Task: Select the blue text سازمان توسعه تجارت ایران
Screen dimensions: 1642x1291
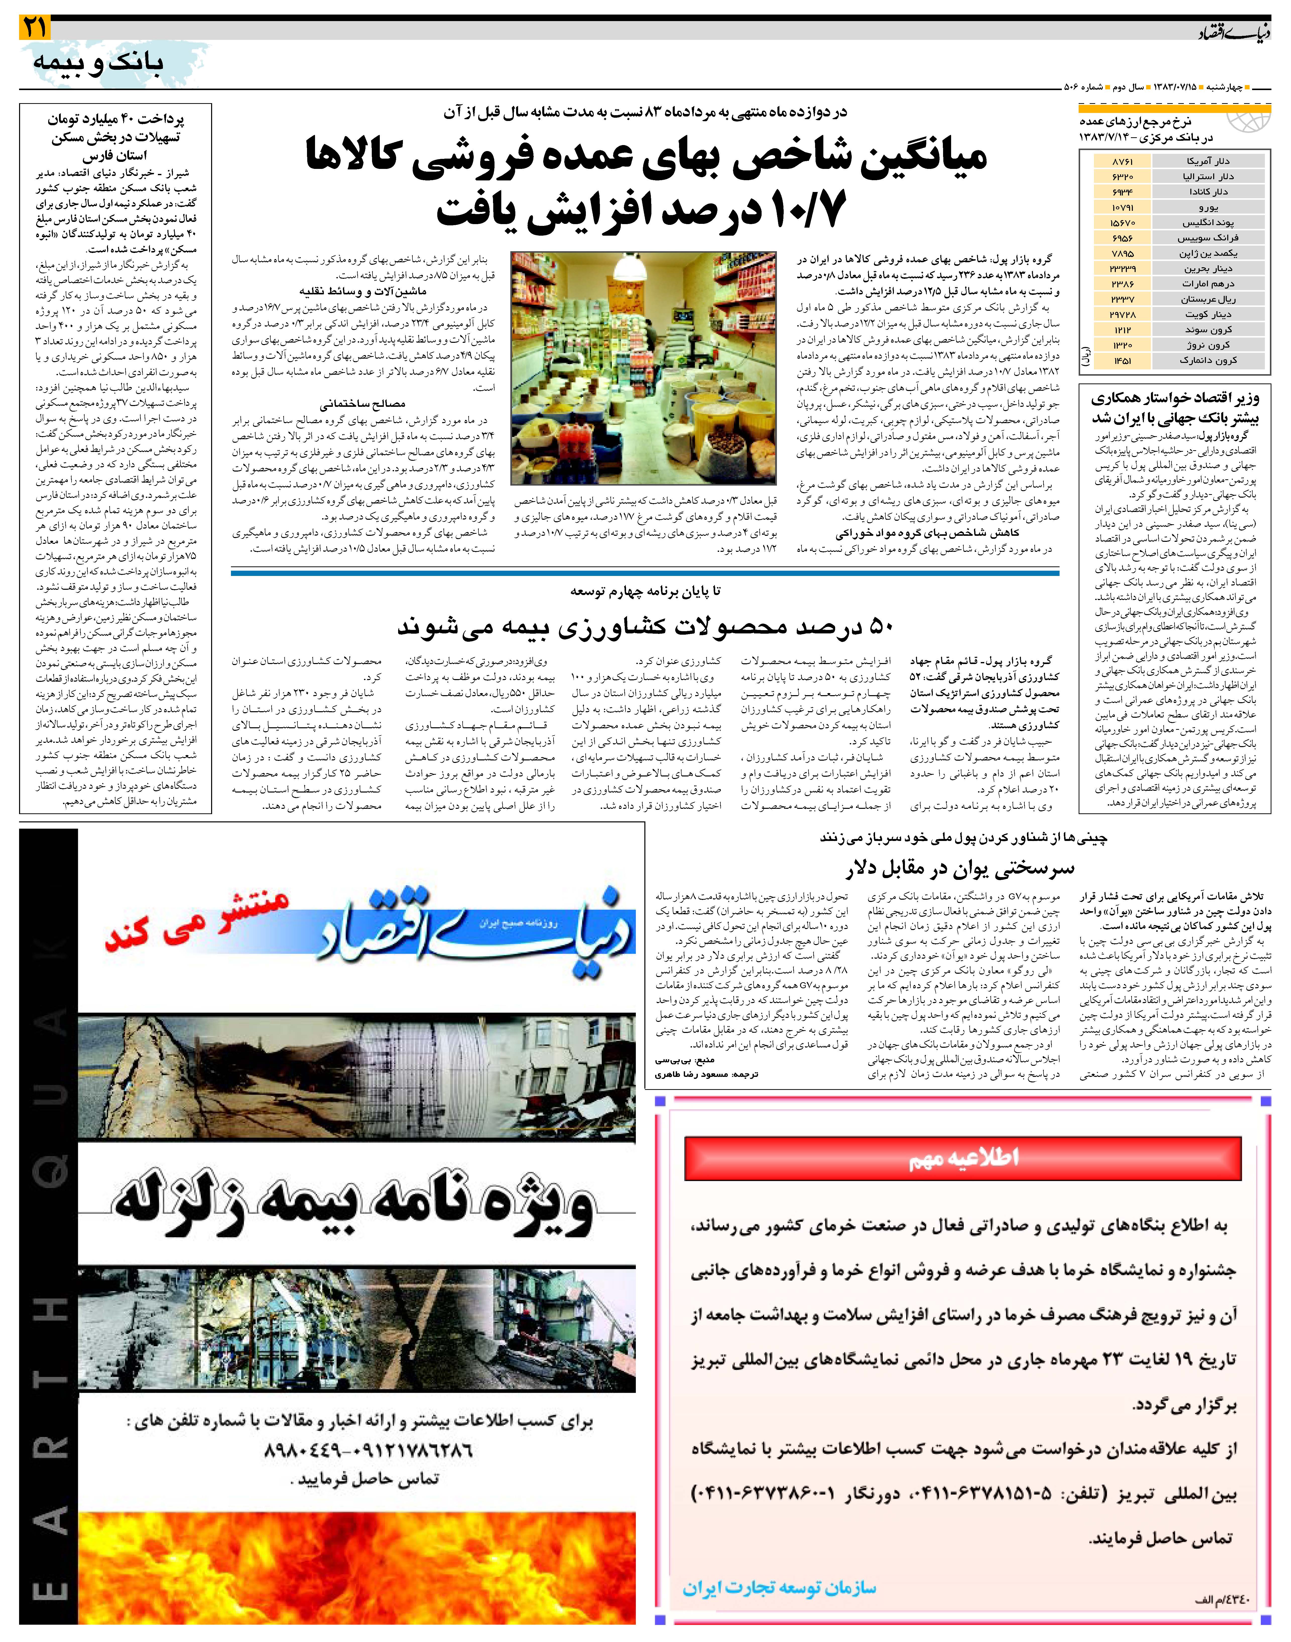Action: [x=778, y=1588]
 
